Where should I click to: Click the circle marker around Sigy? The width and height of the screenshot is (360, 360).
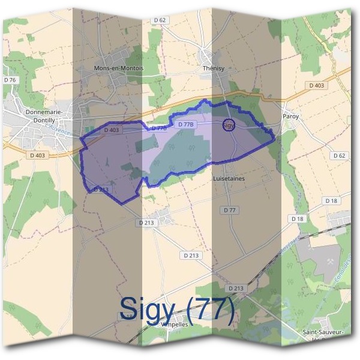point(229,125)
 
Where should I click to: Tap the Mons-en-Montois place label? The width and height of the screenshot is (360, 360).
point(119,68)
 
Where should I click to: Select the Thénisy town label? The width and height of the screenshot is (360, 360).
point(213,68)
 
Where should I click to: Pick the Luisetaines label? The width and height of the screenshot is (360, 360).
point(228,179)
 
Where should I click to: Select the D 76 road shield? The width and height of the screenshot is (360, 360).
point(10,80)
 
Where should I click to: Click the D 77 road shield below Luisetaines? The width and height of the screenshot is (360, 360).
point(230,210)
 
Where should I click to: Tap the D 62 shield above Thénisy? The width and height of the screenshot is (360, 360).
point(160,20)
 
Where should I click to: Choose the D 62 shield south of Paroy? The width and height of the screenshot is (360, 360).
point(340,155)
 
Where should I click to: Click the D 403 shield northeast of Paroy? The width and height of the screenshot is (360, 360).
point(317,86)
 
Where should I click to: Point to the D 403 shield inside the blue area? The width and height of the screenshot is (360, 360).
point(112,130)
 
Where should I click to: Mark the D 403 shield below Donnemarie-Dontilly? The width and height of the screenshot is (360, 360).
point(37,155)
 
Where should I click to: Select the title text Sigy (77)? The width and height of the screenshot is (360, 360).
point(176,308)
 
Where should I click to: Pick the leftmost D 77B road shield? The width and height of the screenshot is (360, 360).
point(159,128)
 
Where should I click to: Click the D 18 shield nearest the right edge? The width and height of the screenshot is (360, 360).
point(331,200)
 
